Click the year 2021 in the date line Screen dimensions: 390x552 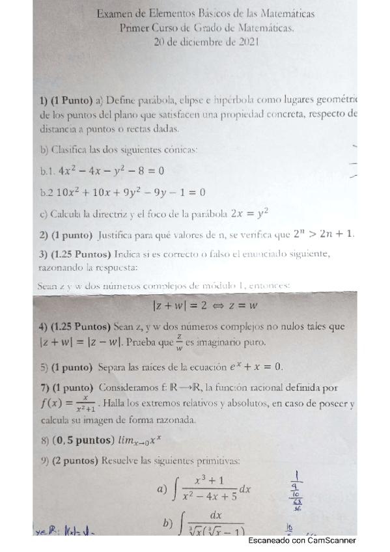pyautogui.click(x=248, y=42)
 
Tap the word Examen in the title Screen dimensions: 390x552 pyautogui.click(x=115, y=13)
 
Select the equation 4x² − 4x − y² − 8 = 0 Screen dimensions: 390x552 pyautogui.click(x=111, y=171)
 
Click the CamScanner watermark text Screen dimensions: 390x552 pyautogui.click(x=302, y=540)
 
